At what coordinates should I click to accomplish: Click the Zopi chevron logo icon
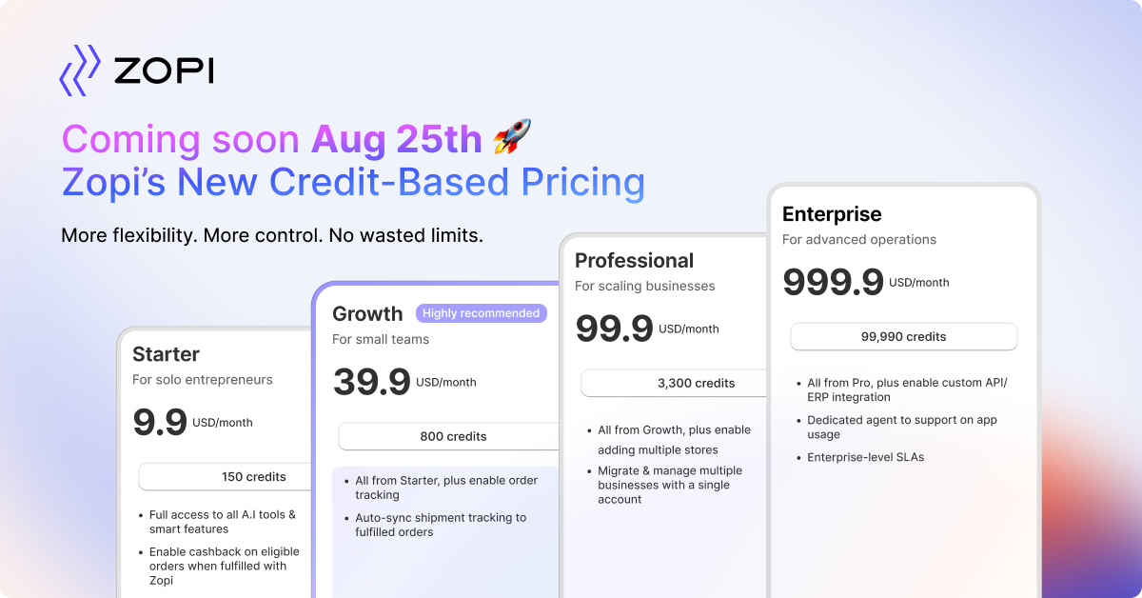click(80, 70)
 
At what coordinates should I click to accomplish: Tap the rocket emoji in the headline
click(512, 136)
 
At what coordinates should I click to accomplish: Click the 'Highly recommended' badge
click(482, 313)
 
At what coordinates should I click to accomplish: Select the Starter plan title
click(166, 354)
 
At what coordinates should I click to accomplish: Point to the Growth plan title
click(367, 314)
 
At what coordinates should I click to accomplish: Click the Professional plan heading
click(634, 261)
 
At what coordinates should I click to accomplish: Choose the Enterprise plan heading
click(832, 214)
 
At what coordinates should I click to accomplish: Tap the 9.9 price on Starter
click(160, 422)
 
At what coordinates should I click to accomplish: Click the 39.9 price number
click(372, 382)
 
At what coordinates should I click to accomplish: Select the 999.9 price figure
click(833, 282)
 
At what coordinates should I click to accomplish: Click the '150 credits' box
click(225, 476)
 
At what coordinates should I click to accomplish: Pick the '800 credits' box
click(448, 436)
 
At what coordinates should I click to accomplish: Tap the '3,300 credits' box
click(674, 383)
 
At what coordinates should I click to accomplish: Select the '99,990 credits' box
click(903, 337)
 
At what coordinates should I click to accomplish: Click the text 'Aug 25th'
click(397, 139)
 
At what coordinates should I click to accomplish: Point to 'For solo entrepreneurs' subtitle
click(203, 380)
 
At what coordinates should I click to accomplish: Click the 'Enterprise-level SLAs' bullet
click(865, 457)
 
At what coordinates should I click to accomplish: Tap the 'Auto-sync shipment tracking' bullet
click(441, 525)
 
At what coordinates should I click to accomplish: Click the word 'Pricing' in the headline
click(582, 183)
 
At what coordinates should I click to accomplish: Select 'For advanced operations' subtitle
click(859, 240)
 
